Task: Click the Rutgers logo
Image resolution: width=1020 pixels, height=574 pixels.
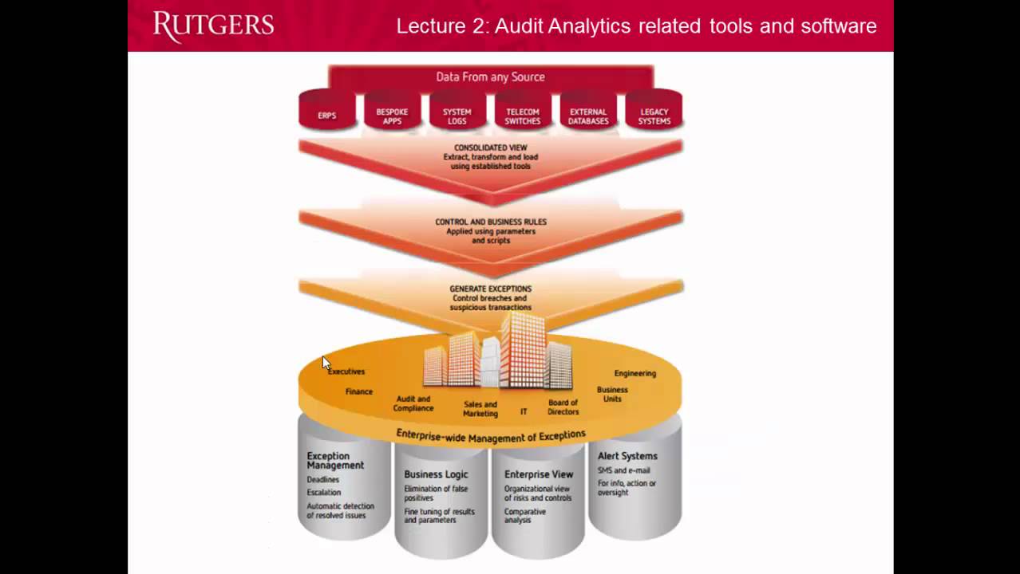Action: click(213, 26)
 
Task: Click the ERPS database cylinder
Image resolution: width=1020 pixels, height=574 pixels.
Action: click(326, 112)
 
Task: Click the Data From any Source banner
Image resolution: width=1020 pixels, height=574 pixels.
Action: click(490, 77)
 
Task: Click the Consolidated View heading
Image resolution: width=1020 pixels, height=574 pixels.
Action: click(490, 147)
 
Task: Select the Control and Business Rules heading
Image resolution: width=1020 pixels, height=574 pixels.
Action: click(490, 222)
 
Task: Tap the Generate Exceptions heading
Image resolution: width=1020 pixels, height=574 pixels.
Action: click(490, 289)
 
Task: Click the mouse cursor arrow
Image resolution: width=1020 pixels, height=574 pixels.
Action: click(326, 363)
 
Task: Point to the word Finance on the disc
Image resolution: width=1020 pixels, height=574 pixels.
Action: click(358, 391)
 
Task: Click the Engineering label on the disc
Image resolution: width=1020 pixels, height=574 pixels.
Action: click(635, 373)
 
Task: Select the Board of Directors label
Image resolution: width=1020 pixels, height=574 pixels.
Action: click(563, 407)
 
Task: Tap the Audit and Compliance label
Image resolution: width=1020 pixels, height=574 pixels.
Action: click(413, 403)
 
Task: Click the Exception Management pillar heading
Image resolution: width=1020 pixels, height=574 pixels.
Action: click(335, 460)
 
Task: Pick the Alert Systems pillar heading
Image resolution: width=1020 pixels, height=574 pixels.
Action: click(627, 456)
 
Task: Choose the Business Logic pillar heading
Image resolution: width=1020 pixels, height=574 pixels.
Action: click(436, 474)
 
